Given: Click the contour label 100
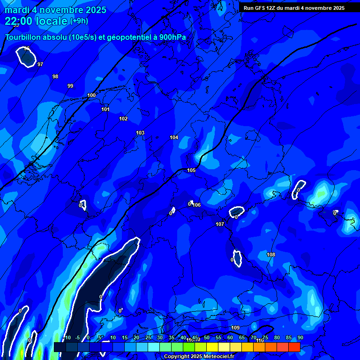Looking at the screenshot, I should point(91,95).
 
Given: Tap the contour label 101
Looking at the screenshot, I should point(105,109).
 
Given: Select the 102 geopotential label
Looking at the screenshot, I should point(123,119).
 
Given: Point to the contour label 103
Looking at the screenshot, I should point(140,133).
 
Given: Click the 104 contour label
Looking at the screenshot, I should point(174,137).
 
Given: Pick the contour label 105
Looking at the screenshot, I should point(191,170).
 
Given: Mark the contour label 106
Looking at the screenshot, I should point(196,205).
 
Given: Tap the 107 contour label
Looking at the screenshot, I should point(220,224).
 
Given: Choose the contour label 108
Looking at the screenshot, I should point(271,255).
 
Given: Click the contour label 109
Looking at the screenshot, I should point(235,327).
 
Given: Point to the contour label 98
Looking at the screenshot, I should point(55,76).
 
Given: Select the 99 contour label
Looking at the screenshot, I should point(70,86).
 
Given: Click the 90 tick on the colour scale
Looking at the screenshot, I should point(300,337).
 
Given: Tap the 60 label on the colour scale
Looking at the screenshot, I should point(230,337).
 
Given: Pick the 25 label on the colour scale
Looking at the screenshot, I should point(148,337).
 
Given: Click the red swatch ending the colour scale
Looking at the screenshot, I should point(294,347).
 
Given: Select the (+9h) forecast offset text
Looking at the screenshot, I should point(79,21).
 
